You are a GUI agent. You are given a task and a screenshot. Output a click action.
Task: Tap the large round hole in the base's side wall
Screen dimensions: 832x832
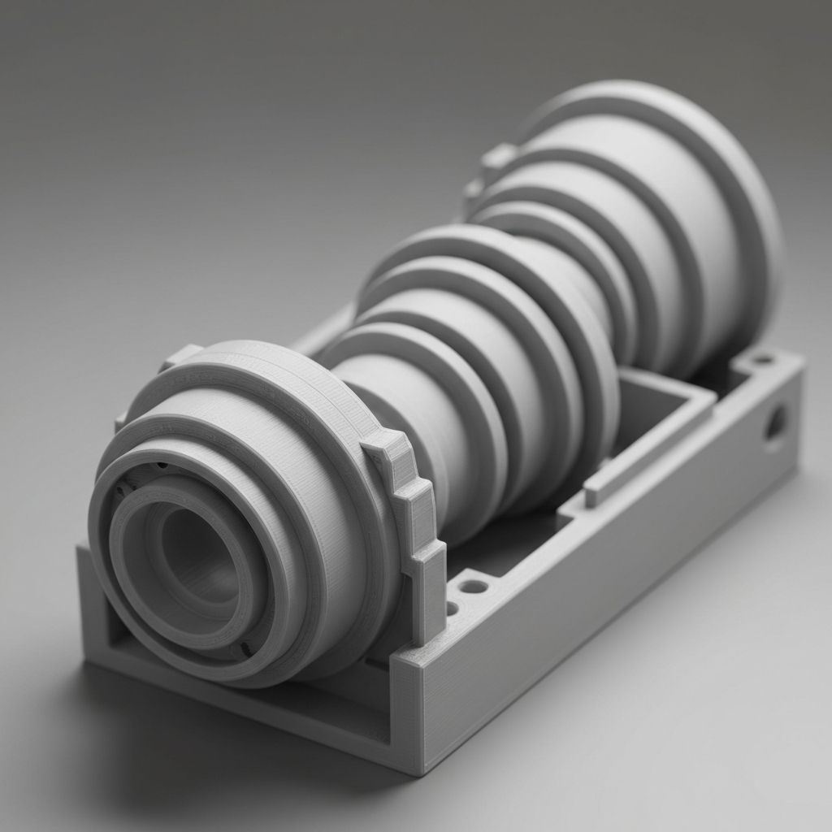[775, 422]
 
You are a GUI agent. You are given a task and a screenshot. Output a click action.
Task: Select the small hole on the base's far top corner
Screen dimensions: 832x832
[762, 358]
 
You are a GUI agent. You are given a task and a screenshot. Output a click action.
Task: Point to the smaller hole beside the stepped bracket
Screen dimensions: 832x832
[452, 607]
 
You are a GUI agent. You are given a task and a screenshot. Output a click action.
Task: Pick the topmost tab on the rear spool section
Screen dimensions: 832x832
[497, 154]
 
